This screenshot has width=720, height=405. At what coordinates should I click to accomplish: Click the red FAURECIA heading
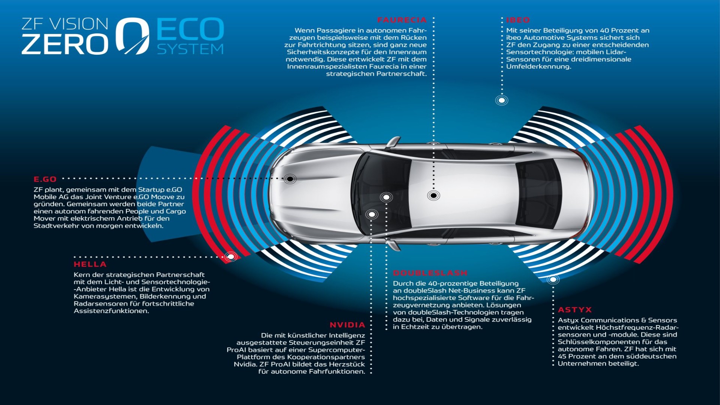(402, 20)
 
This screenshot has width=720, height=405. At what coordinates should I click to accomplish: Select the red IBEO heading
(518, 20)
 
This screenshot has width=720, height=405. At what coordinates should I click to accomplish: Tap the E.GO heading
(45, 179)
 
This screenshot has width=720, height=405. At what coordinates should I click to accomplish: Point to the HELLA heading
(90, 264)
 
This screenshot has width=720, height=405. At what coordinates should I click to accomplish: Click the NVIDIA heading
(347, 325)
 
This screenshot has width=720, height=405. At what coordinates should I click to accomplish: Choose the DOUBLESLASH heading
(430, 273)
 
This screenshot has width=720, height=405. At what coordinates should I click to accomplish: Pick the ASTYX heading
(575, 310)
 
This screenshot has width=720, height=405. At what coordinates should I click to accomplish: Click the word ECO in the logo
(190, 29)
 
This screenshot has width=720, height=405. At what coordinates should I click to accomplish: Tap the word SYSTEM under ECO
(190, 49)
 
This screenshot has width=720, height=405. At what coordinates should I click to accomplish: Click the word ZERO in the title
(65, 44)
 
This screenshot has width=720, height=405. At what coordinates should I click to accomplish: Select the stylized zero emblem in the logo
(132, 36)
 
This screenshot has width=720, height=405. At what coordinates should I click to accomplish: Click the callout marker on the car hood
(290, 179)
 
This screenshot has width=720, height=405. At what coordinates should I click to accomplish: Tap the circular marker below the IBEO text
(502, 100)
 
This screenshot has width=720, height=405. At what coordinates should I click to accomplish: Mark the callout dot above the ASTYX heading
(553, 279)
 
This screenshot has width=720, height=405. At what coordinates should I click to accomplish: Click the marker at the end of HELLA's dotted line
(231, 256)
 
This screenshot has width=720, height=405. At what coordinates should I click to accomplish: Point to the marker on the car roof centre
(433, 195)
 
